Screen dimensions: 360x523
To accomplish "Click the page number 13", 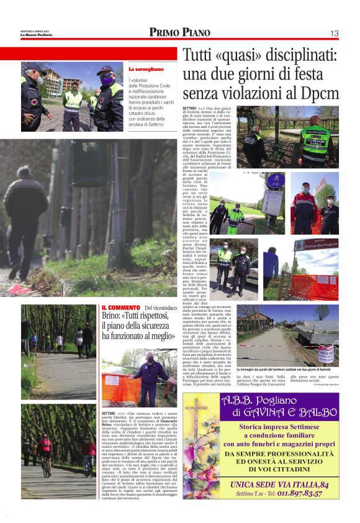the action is [x=334, y=33].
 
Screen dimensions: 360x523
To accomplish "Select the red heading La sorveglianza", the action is [x=146, y=69].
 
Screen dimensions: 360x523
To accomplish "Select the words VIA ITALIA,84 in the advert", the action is [x=304, y=484].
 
